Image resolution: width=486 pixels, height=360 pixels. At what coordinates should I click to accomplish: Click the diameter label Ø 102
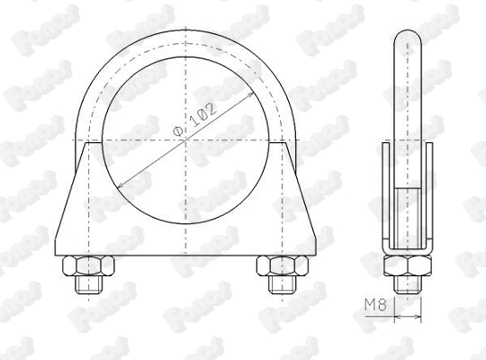point(194,120)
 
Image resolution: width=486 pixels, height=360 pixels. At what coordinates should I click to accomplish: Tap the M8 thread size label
point(376,307)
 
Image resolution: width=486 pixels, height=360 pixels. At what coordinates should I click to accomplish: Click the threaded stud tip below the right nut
point(274,286)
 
